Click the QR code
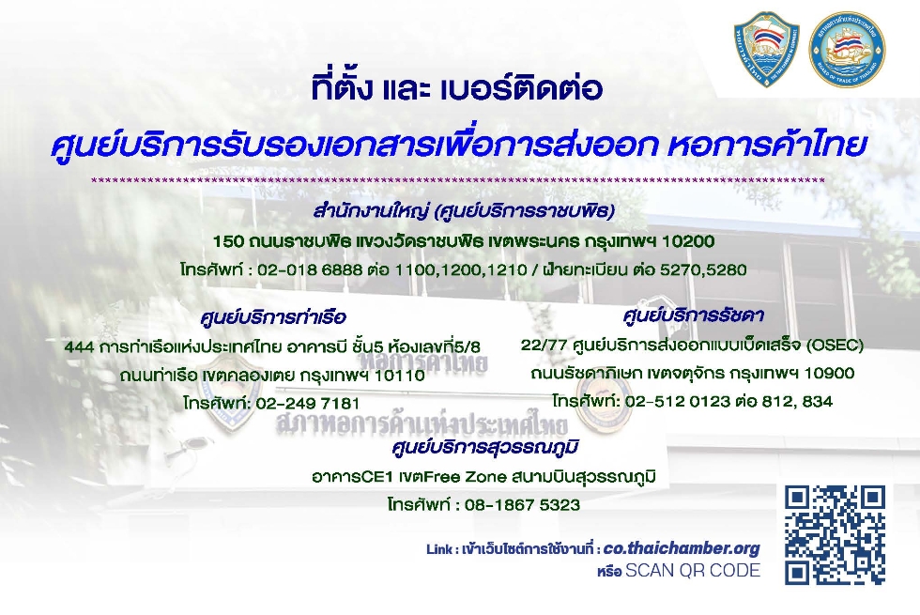coord(835,534)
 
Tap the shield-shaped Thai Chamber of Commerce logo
coord(766,49)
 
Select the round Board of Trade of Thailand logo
coord(847,50)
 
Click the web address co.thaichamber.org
coord(682,548)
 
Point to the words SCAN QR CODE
coord(693,571)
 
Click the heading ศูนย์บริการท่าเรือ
coord(273,318)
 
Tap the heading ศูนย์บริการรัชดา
coord(693,316)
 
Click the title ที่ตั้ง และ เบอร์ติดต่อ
coord(457,88)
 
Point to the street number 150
coord(227,241)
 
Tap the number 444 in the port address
coord(79,347)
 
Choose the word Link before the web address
coord(439,550)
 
